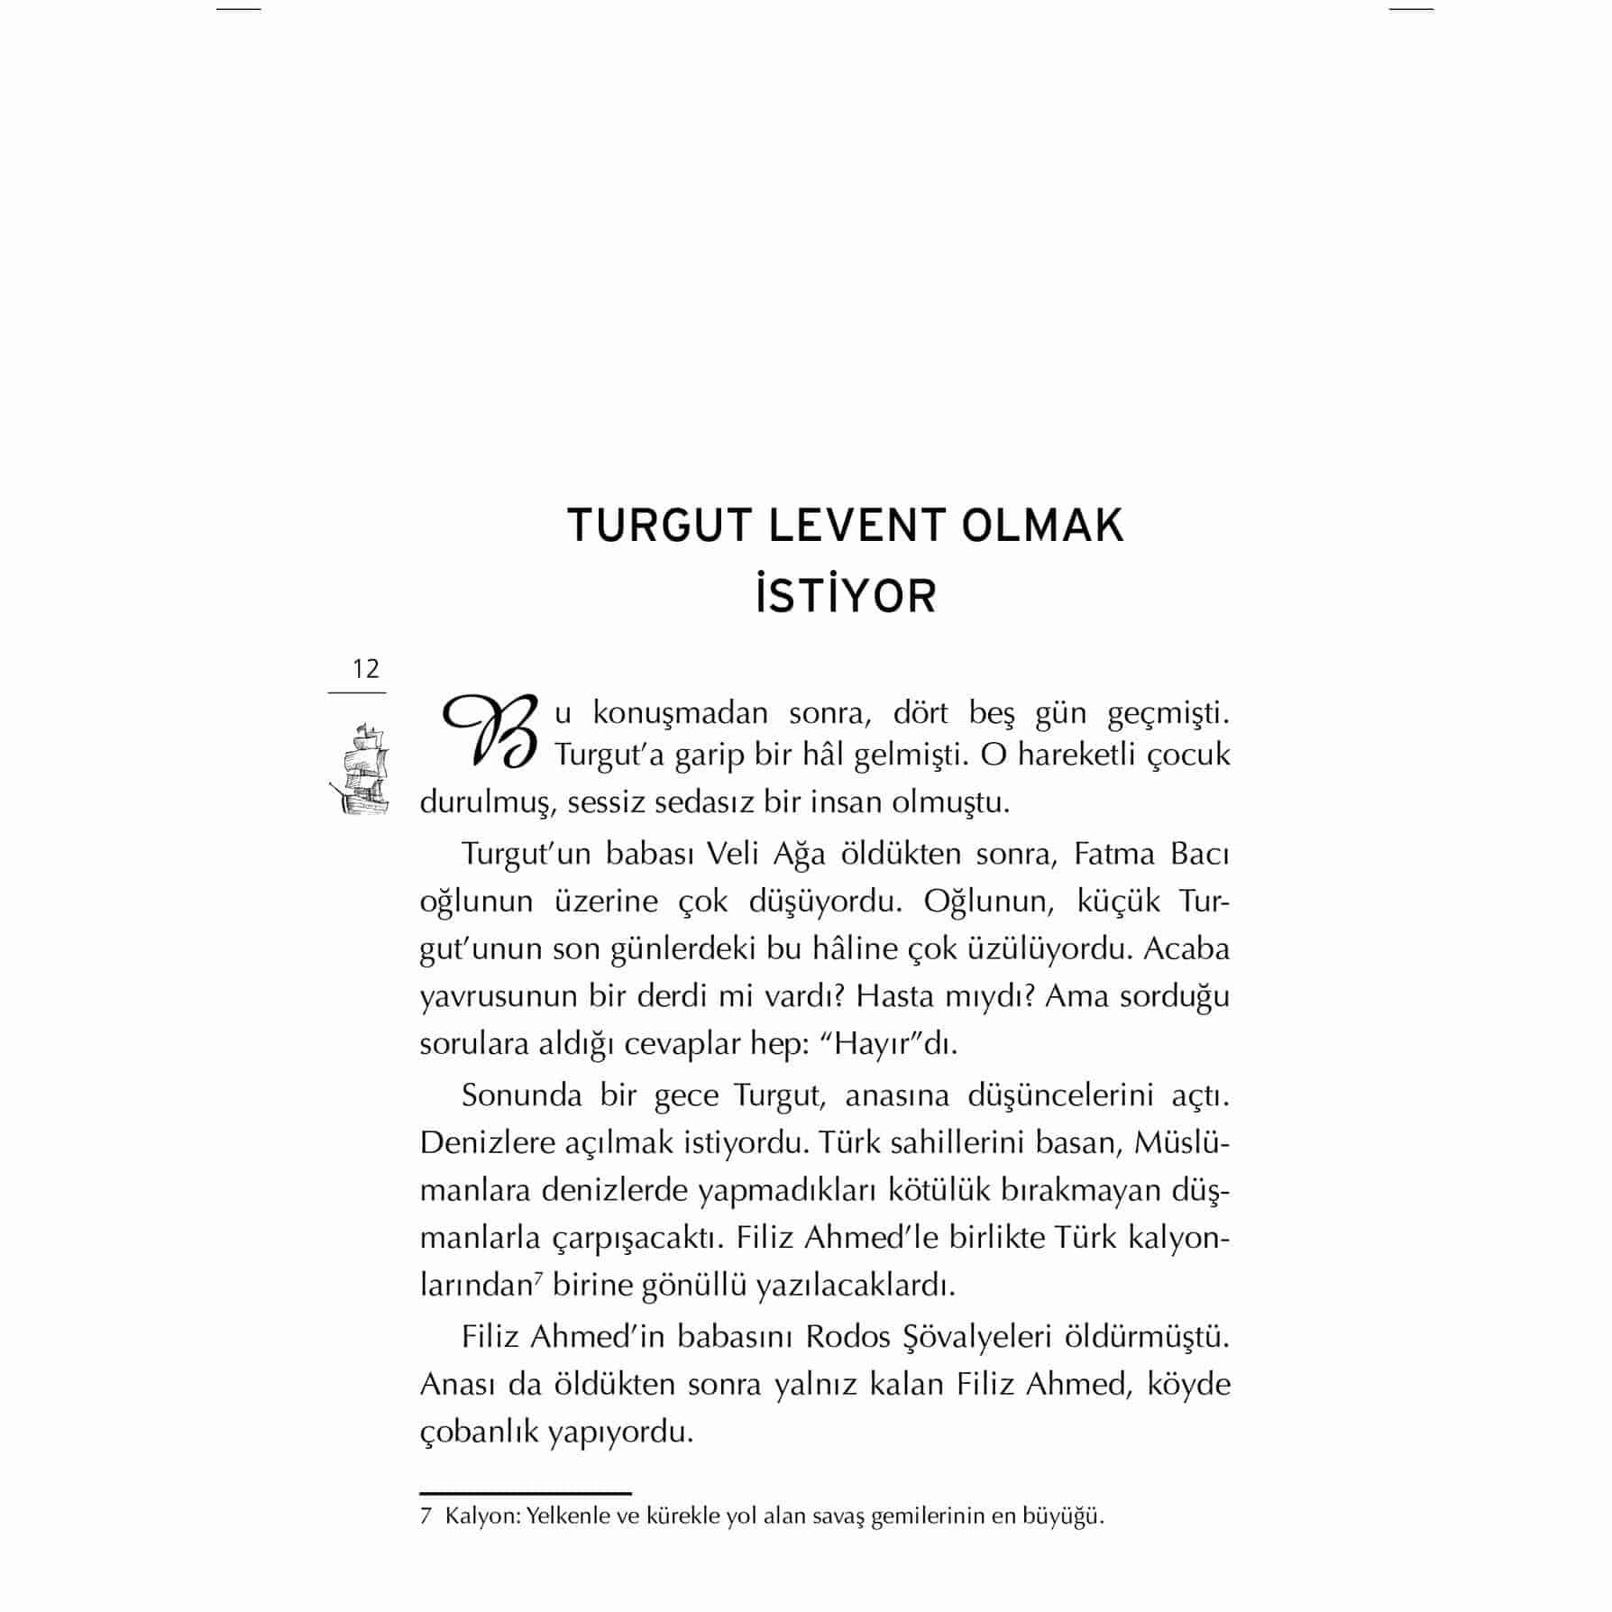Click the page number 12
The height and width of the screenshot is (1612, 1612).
pyautogui.click(x=366, y=669)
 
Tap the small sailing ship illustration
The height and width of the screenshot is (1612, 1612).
pyautogui.click(x=360, y=768)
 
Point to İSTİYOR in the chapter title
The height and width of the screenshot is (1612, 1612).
pyautogui.click(x=846, y=598)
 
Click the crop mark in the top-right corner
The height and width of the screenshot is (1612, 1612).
pyautogui.click(x=1411, y=9)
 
